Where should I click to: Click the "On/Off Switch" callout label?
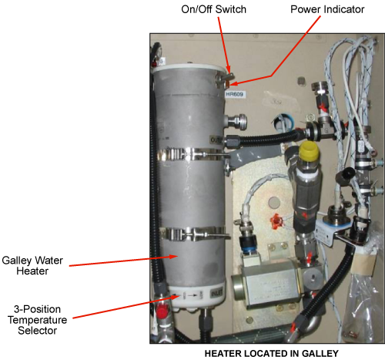point(213,9)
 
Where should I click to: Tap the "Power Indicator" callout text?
point(327,9)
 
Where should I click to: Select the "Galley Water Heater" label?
point(32,266)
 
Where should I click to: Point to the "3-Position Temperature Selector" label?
point(38,320)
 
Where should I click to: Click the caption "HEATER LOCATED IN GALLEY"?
point(272,354)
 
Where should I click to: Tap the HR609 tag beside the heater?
point(234,94)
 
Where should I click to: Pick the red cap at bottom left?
point(162,311)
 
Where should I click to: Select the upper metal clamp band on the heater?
point(192,154)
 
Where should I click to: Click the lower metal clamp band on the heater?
point(193,234)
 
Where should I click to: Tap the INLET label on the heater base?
point(216,294)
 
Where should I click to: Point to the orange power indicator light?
point(228,83)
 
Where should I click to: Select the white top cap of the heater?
point(189,69)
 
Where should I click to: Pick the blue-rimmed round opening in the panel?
point(283,123)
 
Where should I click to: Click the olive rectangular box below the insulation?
point(268,283)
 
